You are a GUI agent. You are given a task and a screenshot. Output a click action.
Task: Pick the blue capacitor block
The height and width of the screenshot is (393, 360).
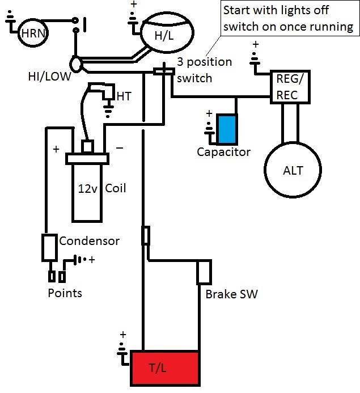[228, 129]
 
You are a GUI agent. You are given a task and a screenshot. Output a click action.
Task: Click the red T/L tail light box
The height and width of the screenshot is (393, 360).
[165, 368]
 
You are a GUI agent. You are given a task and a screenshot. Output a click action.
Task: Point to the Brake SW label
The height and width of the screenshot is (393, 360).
[228, 295]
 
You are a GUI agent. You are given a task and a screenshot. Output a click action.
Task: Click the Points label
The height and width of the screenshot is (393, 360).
[64, 293]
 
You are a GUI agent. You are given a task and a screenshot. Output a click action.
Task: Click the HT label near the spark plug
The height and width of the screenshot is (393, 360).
[123, 97]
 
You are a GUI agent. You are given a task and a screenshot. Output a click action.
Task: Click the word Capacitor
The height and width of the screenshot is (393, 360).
[223, 152]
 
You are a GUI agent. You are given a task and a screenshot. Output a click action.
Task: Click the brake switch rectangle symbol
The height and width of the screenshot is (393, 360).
[204, 273]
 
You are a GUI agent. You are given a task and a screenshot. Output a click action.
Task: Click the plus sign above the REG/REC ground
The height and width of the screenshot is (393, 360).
[255, 45]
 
